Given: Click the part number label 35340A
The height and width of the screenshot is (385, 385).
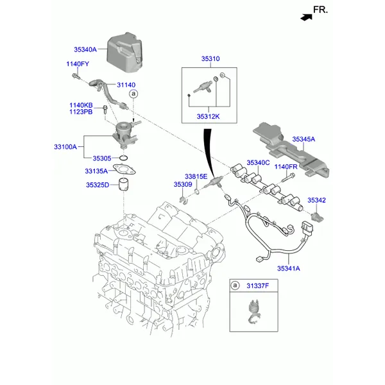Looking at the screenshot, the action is click(85, 49).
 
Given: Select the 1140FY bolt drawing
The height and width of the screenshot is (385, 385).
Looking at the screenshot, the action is click(76, 76).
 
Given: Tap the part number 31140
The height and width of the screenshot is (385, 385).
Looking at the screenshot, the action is click(126, 85).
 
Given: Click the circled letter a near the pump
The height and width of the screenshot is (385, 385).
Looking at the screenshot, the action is click(133, 94).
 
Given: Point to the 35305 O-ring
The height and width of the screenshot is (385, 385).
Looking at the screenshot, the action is click(123, 158).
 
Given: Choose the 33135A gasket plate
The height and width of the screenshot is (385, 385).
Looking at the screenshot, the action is click(124, 169).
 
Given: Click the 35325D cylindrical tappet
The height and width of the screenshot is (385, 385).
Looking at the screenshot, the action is click(124, 184).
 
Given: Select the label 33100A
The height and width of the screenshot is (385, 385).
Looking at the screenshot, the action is click(65, 147).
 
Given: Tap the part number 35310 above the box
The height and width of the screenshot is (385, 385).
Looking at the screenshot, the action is click(210, 59).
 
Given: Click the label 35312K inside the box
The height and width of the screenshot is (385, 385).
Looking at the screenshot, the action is click(208, 116).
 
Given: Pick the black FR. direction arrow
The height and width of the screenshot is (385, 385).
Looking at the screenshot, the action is click(307, 17).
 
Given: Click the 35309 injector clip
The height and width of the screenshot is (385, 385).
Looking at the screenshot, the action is click(183, 200).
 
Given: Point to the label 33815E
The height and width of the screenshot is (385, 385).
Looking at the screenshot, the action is click(196, 176).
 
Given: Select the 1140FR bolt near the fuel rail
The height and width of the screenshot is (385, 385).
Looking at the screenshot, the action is click(288, 177).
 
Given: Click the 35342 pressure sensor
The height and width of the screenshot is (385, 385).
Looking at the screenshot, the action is click(317, 217).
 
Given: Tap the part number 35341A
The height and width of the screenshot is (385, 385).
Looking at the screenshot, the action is click(289, 268).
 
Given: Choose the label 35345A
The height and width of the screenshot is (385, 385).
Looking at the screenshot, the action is click(304, 139).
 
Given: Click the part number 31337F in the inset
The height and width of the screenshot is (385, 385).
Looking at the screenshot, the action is click(257, 286).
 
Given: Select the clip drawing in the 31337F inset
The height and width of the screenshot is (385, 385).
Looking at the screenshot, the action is click(253, 311).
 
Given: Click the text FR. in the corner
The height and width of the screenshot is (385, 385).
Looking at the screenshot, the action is click(320, 10).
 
